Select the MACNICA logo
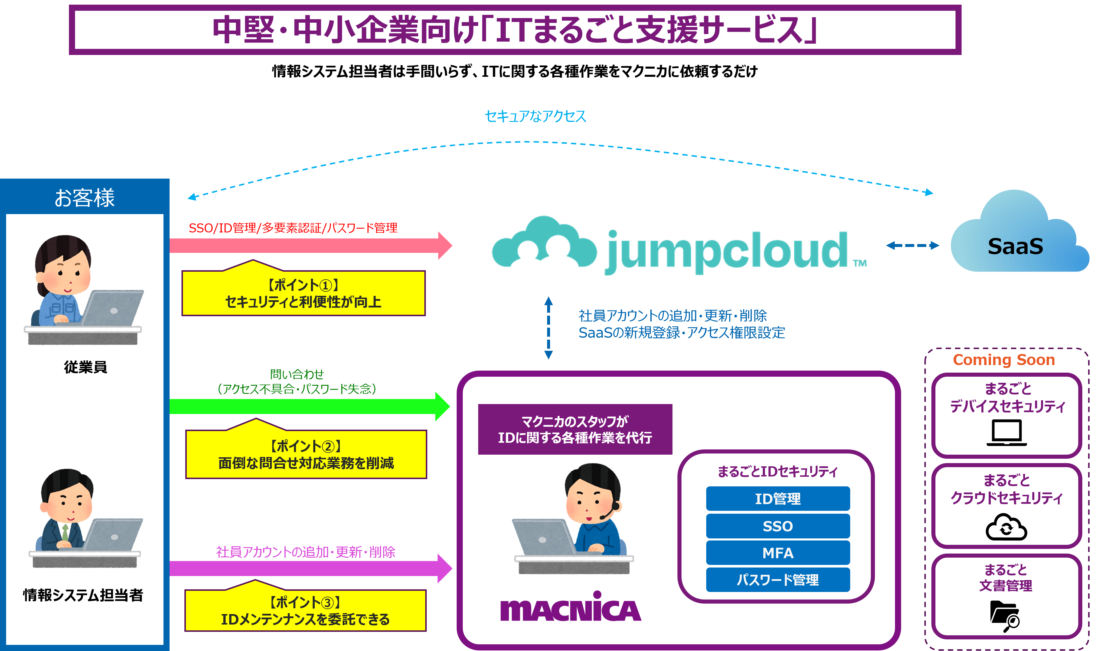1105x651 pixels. [x=571, y=608]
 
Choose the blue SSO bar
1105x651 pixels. [x=777, y=526]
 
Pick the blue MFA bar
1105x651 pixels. [x=777, y=553]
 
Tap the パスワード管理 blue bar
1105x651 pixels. [x=777, y=580]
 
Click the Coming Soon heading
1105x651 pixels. [x=1004, y=360]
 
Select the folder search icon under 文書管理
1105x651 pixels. [x=1005, y=616]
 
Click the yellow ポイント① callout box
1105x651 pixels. [x=304, y=293]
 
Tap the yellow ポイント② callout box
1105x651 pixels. [x=306, y=454]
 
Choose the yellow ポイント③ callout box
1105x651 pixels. [x=305, y=611]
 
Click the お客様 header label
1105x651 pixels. [x=85, y=198]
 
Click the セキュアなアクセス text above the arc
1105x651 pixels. [x=535, y=116]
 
